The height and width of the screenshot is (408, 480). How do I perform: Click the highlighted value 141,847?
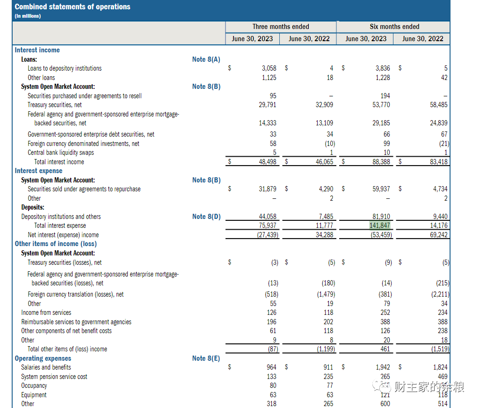[379, 226]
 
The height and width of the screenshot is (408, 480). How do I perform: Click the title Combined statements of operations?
[73, 7]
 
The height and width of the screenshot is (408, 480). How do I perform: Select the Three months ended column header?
[281, 27]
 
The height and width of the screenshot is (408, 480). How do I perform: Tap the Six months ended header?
[394, 27]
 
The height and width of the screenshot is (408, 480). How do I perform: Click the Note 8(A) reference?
[206, 59]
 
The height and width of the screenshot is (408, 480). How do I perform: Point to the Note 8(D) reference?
[206, 217]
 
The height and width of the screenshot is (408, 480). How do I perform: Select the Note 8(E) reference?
[206, 358]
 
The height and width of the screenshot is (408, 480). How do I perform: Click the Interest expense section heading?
[38, 171]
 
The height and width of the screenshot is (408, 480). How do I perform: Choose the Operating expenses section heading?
[43, 358]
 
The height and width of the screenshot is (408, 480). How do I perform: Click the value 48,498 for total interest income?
[267, 161]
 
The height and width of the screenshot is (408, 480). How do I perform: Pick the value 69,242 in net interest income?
[438, 235]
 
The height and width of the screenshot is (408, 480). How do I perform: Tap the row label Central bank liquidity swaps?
[61, 153]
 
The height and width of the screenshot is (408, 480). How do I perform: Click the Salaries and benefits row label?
[46, 367]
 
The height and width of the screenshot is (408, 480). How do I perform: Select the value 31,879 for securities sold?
[267, 189]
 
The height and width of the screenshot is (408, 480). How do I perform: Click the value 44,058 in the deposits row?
[267, 217]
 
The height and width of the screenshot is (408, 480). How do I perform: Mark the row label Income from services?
[46, 313]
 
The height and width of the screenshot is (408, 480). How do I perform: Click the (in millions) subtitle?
[28, 16]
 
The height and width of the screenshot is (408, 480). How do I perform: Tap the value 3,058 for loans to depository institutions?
[269, 68]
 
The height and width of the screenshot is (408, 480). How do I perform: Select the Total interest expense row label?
[60, 226]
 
